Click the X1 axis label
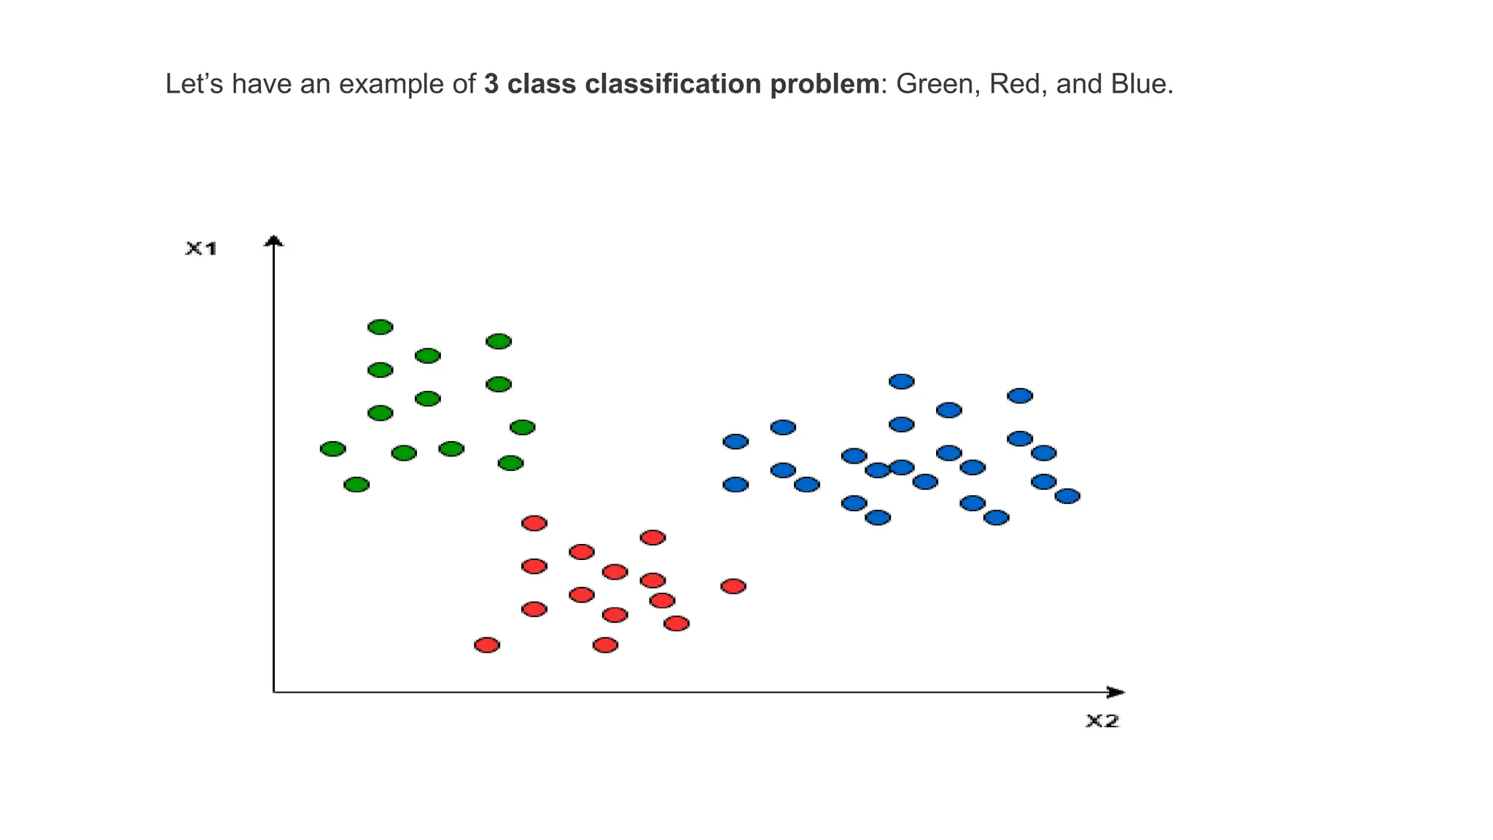(201, 249)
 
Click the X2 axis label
(1102, 721)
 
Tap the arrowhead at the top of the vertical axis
(273, 241)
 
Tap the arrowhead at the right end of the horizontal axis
(1116, 692)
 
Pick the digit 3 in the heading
(491, 85)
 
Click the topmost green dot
(381, 327)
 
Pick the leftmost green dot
(333, 448)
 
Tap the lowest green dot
(356, 484)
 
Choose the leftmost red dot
(487, 645)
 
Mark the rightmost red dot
(733, 586)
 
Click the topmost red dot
(534, 523)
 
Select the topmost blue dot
(902, 381)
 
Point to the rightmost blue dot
(1067, 496)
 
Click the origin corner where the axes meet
(273, 692)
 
